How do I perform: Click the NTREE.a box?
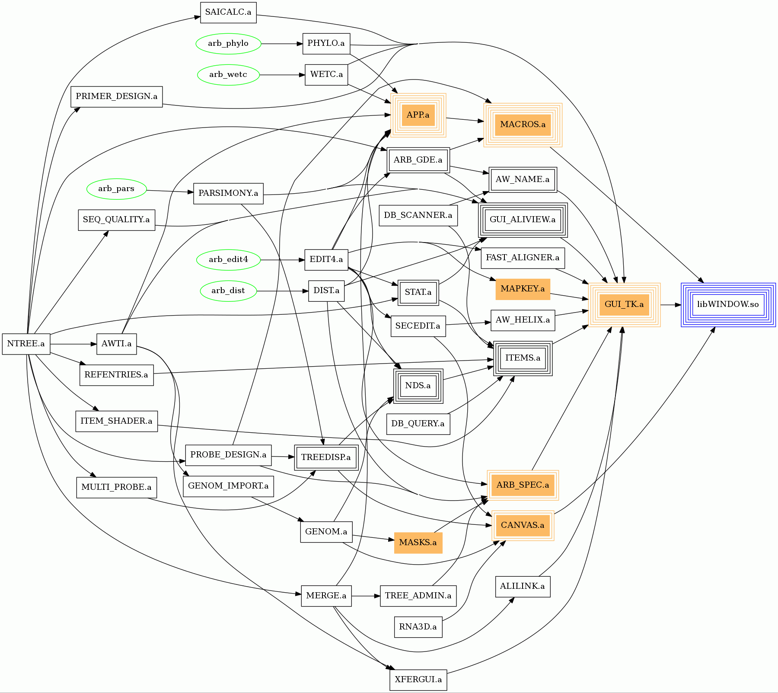pos(26,344)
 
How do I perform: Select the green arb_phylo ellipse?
pos(228,44)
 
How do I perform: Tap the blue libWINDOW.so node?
pos(728,304)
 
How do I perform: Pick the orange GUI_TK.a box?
pos(624,304)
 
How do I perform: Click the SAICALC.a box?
pos(228,13)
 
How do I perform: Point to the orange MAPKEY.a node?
pos(523,289)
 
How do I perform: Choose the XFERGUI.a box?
pos(418,680)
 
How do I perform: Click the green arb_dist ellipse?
pos(228,291)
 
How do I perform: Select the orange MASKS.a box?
pos(418,543)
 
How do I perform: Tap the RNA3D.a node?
pos(418,627)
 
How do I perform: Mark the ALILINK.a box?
pos(523,587)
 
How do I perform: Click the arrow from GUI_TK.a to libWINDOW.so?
pos(670,305)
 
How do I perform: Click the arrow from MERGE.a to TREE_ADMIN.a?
pos(366,596)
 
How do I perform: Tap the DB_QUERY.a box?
pos(418,424)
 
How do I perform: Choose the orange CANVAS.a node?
pos(523,525)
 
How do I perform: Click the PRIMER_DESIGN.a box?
pos(117,96)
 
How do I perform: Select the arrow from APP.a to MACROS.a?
pos(465,120)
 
